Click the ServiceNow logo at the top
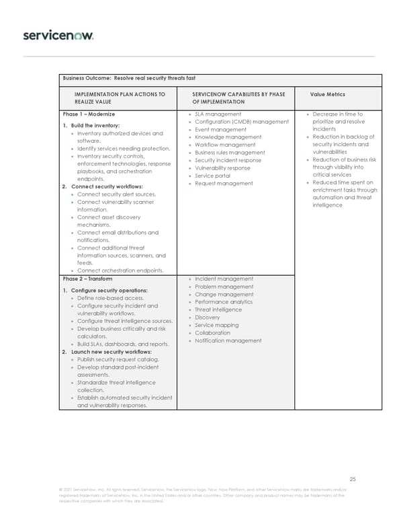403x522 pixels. (x=58, y=35)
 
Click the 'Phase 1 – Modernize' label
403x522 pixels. (x=89, y=114)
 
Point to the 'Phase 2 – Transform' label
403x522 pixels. (x=87, y=278)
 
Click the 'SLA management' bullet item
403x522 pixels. (x=218, y=114)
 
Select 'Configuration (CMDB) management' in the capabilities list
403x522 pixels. (x=241, y=122)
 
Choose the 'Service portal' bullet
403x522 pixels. (x=213, y=176)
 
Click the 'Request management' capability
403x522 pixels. (x=224, y=183)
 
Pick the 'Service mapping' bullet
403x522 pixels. (x=216, y=325)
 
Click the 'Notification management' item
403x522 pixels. (x=228, y=340)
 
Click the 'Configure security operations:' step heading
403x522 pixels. (x=110, y=291)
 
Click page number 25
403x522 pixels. (x=353, y=479)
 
